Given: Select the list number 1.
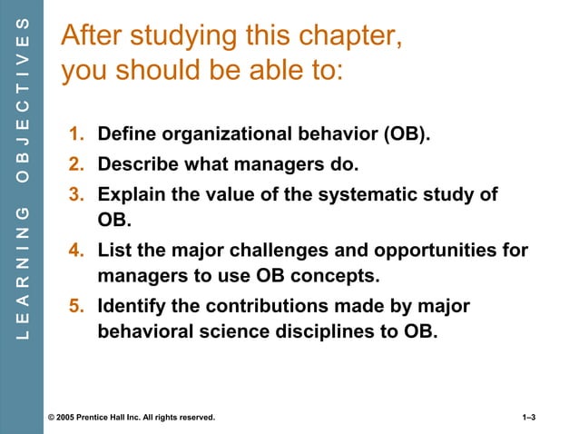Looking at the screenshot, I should click(76, 136).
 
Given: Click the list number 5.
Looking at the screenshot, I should click(76, 305).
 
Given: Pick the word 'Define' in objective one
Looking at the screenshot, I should click(125, 136).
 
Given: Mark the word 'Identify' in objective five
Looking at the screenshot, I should click(130, 305).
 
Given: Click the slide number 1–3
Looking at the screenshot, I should click(529, 417).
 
